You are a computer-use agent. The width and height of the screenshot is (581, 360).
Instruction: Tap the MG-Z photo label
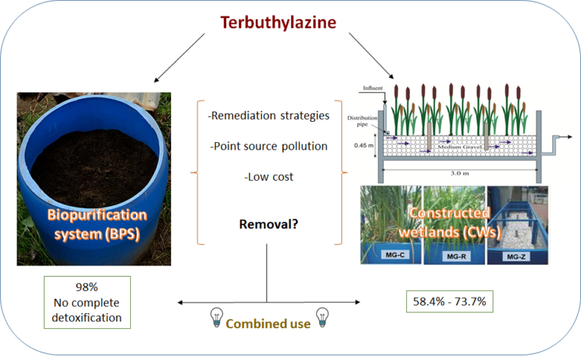click(x=517, y=256)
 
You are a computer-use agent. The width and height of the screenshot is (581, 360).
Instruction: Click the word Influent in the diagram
click(x=372, y=88)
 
